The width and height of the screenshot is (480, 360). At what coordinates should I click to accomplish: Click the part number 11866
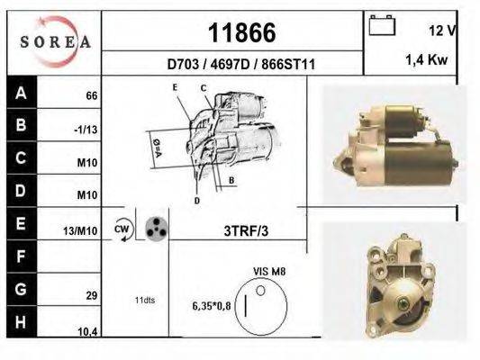pos(241,32)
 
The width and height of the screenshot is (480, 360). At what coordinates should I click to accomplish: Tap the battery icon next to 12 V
pos(384,25)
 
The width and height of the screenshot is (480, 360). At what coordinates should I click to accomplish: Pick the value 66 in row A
pos(91,95)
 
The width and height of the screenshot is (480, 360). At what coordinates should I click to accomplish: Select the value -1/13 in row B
pos(86,129)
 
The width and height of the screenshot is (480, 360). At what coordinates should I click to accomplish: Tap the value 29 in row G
pos(91,295)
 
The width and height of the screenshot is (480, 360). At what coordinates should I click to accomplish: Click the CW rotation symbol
pos(122,229)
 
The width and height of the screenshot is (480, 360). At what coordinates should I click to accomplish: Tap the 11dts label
pos(145,300)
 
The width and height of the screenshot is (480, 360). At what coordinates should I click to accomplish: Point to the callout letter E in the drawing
pos(176,85)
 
